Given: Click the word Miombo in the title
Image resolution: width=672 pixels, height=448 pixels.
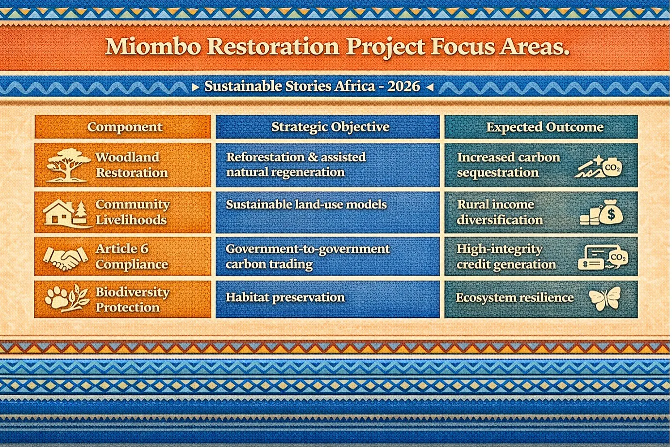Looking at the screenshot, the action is (153, 47).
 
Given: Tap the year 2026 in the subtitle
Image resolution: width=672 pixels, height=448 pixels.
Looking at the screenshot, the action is (403, 86).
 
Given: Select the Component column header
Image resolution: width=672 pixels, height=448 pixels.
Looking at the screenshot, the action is (125, 127).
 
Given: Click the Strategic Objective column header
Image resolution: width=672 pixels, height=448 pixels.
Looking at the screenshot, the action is (330, 127).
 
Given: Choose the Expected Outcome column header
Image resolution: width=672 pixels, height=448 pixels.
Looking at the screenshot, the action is (545, 127).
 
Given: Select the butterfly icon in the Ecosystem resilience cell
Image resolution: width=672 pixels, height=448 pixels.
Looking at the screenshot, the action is (605, 298).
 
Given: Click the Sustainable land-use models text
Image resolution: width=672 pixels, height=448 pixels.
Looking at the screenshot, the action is (306, 205).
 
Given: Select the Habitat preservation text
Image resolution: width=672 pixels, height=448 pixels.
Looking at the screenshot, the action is (286, 297).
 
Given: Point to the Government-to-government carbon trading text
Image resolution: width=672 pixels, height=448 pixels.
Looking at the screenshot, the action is (308, 257).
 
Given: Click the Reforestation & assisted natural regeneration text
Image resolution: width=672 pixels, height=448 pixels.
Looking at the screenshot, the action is (296, 165).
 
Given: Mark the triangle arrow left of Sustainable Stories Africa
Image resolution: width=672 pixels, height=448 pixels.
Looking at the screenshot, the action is (196, 87).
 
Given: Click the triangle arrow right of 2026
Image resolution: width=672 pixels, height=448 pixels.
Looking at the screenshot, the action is (430, 87).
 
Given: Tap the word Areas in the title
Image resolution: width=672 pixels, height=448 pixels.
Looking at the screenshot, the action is (534, 47).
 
